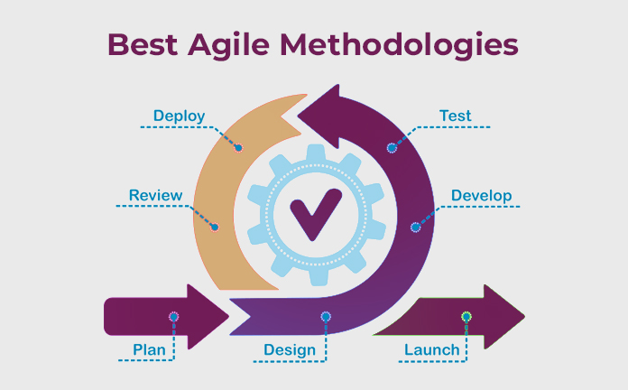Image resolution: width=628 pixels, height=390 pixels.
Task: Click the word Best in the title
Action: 143,44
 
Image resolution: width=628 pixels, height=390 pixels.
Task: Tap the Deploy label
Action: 179,116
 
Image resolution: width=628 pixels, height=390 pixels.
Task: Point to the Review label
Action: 155,195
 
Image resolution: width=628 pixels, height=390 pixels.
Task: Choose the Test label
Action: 456,116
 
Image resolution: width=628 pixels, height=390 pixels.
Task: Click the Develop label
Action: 482,196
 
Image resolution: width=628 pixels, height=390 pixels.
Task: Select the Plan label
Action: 149,350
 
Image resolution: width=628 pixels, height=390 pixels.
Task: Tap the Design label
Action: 290,350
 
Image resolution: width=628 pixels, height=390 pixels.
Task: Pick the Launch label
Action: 431,350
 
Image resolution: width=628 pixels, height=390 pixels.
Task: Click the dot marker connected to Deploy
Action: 238,148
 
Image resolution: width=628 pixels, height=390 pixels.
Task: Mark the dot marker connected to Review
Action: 215,227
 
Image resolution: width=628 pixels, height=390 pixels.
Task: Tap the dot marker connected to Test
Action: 392,148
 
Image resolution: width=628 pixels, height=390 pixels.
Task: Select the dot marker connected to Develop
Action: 415,227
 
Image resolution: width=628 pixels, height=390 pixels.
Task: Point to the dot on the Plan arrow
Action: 173,317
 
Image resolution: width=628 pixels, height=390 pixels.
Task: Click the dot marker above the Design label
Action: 326,317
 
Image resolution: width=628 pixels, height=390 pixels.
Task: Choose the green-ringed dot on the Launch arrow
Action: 466,317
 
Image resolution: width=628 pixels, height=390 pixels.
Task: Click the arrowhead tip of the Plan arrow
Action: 228,317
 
